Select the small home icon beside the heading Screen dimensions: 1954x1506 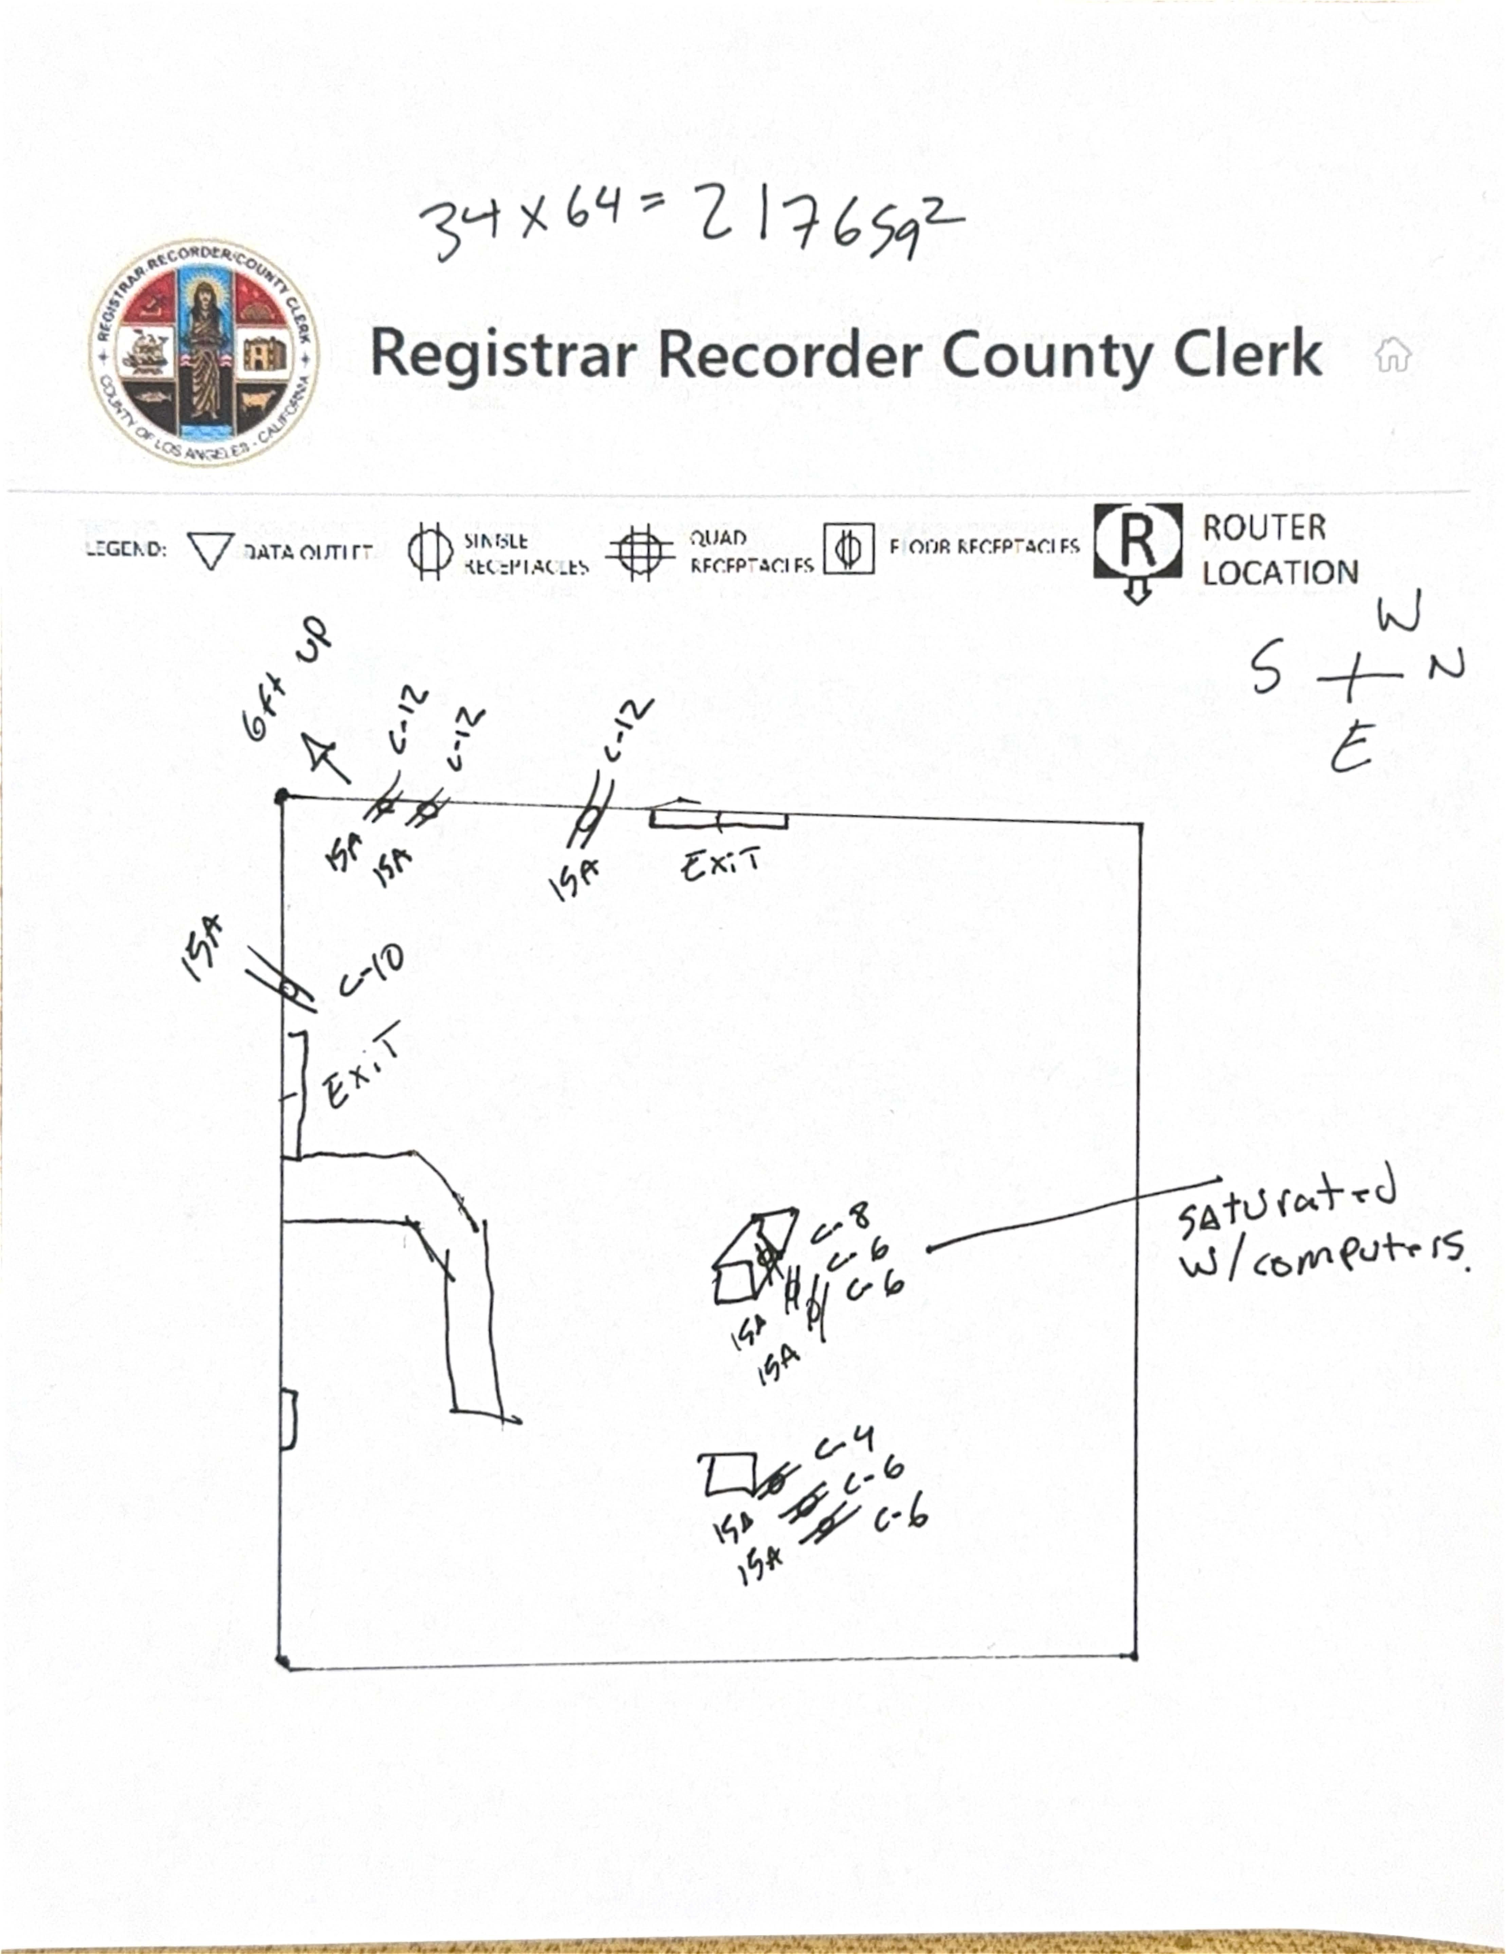[1392, 355]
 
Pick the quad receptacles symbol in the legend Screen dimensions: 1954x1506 [639, 552]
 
